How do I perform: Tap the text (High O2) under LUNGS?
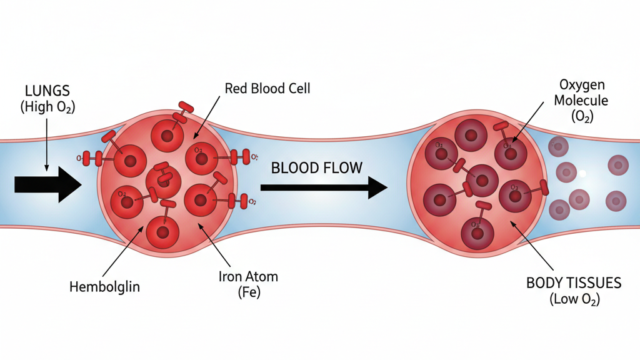pos(47,107)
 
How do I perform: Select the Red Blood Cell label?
pos(267,88)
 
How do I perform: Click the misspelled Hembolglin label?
pos(105,287)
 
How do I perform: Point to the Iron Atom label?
pos(249,276)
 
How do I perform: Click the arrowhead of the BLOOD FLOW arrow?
pos(377,187)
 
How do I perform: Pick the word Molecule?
pos(582,100)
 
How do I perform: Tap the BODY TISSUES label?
pos(574,283)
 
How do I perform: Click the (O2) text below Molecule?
pos(582,116)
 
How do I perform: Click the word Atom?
pos(262,276)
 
